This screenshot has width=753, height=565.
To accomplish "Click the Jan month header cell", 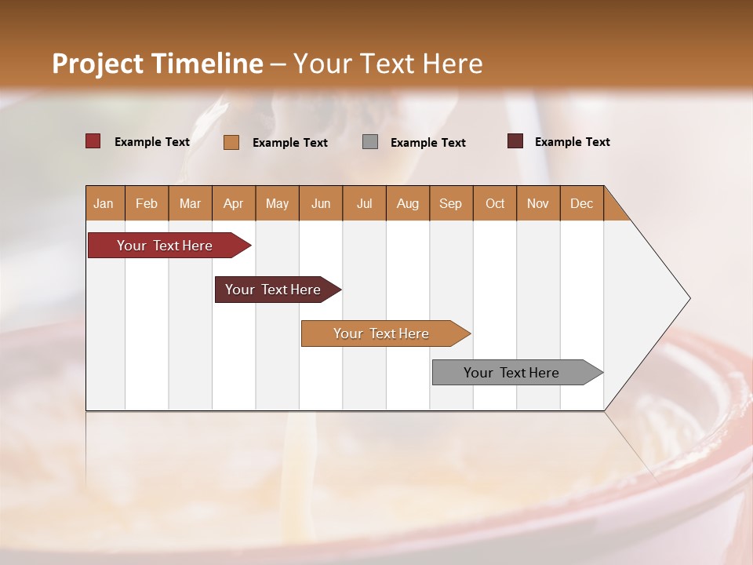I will pos(104,203).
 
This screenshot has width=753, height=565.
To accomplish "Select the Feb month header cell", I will pos(147,203).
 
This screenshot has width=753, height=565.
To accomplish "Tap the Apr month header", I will pos(234,203).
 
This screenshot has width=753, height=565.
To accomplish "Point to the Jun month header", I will pos(321,203).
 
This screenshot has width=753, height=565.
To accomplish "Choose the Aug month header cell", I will pos(408,203).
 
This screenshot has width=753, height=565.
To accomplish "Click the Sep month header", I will pos(451,203).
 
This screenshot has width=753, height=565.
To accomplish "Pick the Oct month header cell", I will pos(495,203).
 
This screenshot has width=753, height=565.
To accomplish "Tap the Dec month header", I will pos(582,203).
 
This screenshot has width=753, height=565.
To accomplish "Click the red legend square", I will pos(93,141).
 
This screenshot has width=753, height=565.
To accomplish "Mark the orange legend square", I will pos(231,142).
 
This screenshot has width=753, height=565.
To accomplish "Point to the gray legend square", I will pos(370,142).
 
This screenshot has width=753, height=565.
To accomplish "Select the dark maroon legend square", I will pos(515,141).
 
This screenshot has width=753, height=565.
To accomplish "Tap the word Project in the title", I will pos(97,64).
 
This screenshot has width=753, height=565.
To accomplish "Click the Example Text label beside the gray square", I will pos(428,142).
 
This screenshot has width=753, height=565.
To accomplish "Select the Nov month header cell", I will pos(538,203).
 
